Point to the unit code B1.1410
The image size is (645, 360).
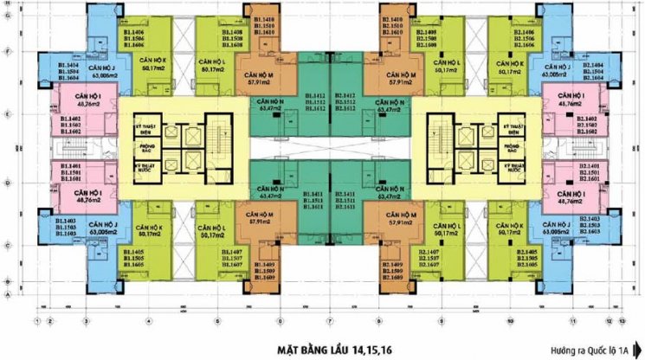(266, 17)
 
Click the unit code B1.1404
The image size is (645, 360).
(69, 64)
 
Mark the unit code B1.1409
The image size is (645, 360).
(266, 264)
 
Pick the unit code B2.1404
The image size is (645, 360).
(592, 64)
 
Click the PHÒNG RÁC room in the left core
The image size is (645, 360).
(145, 145)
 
